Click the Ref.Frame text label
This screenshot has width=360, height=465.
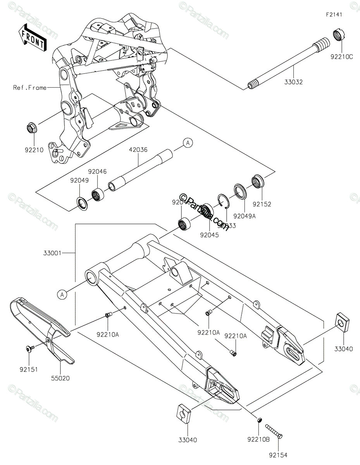[x=29, y=88]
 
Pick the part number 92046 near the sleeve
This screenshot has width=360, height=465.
[x=97, y=171]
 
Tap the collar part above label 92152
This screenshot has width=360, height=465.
[x=257, y=181]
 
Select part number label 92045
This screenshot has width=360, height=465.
[x=210, y=234]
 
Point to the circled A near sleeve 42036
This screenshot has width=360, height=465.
[x=188, y=143]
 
